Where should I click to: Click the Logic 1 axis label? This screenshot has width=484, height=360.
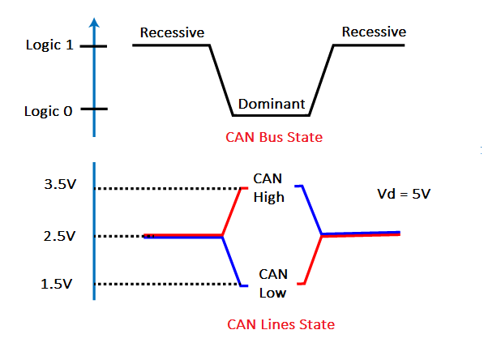click(49, 45)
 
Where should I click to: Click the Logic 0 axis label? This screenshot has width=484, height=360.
click(49, 111)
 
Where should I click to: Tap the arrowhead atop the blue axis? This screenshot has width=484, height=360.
click(94, 23)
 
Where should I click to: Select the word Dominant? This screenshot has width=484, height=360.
click(272, 104)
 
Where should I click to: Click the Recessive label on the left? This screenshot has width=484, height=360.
click(172, 32)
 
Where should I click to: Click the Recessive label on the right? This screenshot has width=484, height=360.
click(374, 32)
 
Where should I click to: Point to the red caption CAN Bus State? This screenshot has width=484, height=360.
click(274, 137)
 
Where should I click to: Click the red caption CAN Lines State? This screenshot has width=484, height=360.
click(281, 324)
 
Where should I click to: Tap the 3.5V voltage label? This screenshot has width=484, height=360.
click(60, 184)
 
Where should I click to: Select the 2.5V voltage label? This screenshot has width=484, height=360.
click(59, 236)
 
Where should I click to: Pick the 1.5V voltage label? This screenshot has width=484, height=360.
click(56, 284)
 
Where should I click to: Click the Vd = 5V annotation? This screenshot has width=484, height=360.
click(404, 194)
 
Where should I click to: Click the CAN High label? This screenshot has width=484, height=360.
click(268, 188)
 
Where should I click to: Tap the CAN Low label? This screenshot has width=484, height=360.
click(273, 284)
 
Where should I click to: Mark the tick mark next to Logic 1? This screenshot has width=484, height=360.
click(93, 46)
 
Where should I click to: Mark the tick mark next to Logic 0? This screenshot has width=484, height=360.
click(94, 109)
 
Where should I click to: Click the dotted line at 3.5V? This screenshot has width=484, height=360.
click(168, 188)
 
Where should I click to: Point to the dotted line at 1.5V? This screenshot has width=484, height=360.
click(168, 284)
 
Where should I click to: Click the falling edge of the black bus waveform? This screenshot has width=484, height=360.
click(221, 80)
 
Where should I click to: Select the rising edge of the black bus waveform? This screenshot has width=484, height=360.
click(321, 80)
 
